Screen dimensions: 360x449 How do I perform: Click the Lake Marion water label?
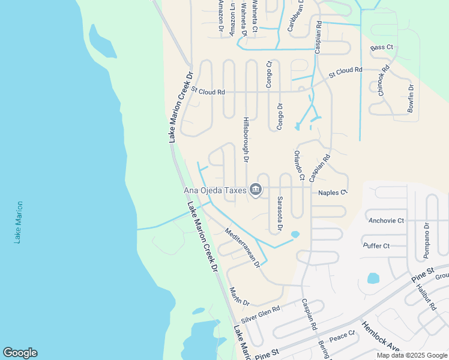20,222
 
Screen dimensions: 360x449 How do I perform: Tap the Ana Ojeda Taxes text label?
215,191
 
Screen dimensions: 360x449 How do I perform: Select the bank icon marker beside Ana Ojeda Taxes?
256,190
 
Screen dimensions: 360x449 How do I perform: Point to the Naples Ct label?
333,193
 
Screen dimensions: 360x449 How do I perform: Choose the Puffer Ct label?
376,245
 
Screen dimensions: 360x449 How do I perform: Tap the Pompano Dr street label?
427,240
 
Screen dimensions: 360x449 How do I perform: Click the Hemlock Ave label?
380,340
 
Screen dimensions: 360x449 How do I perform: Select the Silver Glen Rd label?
261,315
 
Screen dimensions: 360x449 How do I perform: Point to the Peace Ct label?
342,336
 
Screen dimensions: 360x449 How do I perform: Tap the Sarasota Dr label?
279,214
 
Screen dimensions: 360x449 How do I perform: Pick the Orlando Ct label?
298,165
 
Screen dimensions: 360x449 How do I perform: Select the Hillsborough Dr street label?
246,139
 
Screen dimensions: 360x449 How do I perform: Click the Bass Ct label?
382,47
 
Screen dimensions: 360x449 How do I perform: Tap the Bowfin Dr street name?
411,98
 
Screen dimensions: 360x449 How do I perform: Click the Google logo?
20,353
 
